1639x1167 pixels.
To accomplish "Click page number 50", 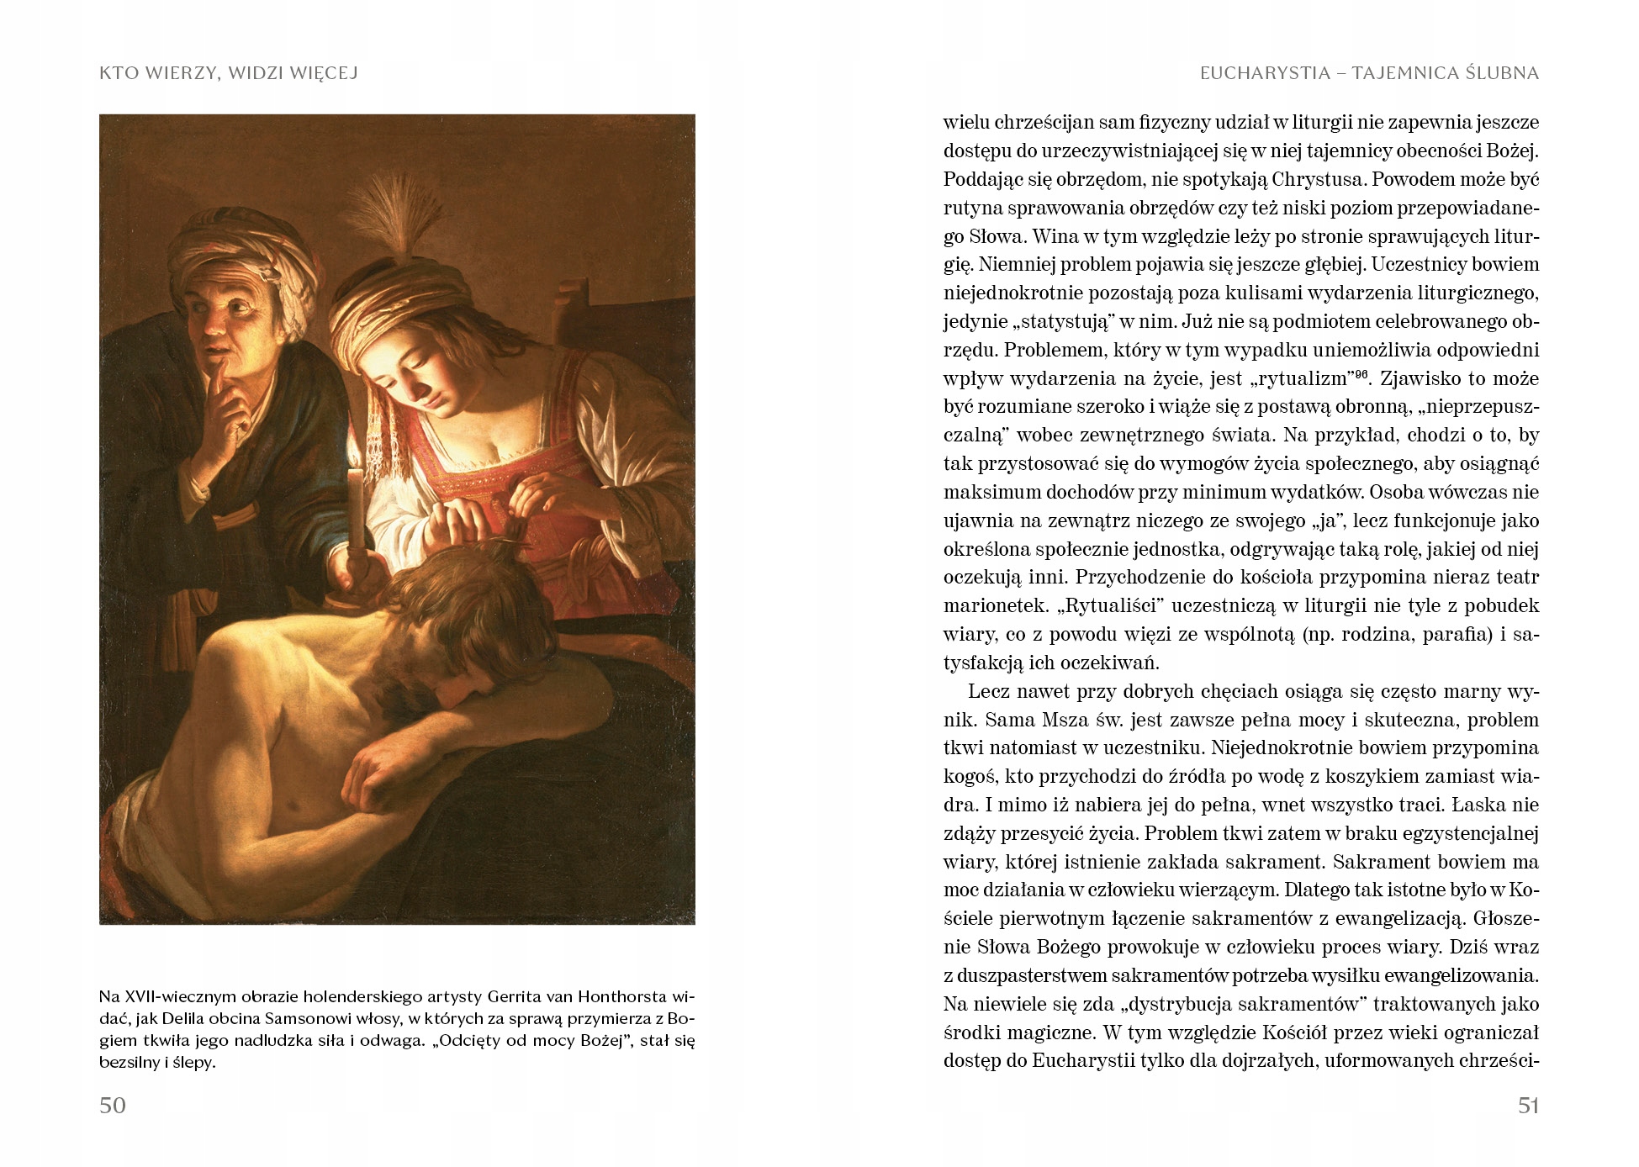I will tap(113, 1105).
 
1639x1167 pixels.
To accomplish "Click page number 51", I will tap(1528, 1105).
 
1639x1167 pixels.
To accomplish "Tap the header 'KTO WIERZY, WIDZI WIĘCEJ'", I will tap(229, 73).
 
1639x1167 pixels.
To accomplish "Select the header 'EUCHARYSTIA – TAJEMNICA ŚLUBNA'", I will tap(1369, 73).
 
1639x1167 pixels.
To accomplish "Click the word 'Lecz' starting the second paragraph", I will tap(987, 692).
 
